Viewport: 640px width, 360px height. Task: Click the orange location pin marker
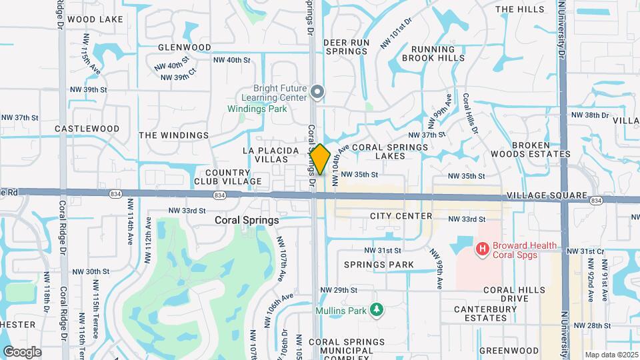pyautogui.click(x=320, y=159)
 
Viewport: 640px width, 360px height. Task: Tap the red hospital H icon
pyautogui.click(x=483, y=249)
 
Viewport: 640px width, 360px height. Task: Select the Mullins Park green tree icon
pyautogui.click(x=377, y=310)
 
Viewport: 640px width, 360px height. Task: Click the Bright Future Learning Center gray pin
pyautogui.click(x=318, y=92)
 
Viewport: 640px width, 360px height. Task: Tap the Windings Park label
pyautogui.click(x=257, y=108)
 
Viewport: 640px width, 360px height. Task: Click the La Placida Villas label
pyautogui.click(x=275, y=155)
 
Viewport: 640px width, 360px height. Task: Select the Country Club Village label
pyautogui.click(x=228, y=176)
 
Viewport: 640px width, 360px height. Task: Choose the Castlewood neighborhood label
pyautogui.click(x=87, y=129)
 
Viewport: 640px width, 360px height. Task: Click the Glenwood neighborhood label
pyautogui.click(x=185, y=48)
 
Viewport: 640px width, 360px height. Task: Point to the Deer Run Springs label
pyautogui.click(x=346, y=47)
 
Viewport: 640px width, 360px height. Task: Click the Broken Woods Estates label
pyautogui.click(x=540, y=149)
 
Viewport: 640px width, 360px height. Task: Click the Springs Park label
pyautogui.click(x=379, y=265)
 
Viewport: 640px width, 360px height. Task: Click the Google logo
pyautogui.click(x=22, y=352)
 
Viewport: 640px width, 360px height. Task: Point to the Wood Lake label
pyautogui.click(x=95, y=19)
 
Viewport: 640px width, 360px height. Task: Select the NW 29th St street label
pyautogui.click(x=339, y=290)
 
